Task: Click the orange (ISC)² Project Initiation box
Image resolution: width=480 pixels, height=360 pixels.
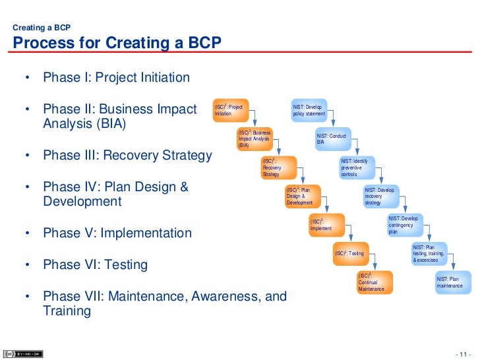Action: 230,110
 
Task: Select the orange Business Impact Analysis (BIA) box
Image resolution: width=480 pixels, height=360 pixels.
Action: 255,138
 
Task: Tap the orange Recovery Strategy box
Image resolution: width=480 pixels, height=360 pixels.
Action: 278,167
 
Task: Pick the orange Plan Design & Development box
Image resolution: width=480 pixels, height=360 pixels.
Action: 302,196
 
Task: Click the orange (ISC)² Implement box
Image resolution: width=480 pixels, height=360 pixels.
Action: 326,225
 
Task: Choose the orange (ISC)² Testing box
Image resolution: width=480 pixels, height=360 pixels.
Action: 349,253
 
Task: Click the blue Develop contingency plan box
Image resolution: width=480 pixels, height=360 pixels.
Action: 404,225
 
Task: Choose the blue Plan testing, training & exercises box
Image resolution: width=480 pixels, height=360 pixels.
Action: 429,253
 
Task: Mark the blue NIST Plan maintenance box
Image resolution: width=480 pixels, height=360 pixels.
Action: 452,282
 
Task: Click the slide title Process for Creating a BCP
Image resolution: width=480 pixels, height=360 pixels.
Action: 117,44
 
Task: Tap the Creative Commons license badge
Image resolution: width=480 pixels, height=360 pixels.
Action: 23,353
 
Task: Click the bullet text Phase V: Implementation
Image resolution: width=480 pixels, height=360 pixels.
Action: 117,233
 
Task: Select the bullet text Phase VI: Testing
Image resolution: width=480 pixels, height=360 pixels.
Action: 95,265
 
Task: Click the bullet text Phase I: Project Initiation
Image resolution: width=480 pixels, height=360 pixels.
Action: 116,78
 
